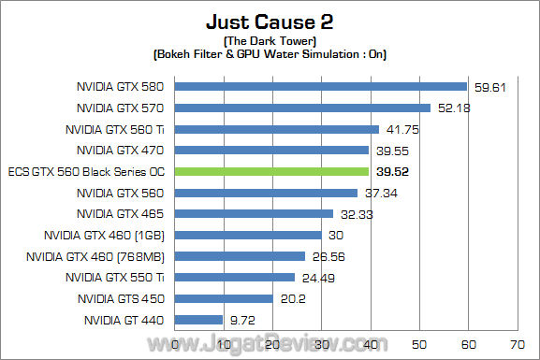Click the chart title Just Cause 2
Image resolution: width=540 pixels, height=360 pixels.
pyautogui.click(x=270, y=21)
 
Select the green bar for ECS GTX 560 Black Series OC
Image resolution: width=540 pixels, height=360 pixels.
pyautogui.click(x=272, y=172)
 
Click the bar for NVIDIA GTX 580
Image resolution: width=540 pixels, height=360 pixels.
pyautogui.click(x=321, y=87)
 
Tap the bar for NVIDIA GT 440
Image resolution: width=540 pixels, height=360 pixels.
pyautogui.click(x=199, y=320)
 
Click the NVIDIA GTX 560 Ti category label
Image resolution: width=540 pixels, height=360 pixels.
pyautogui.click(x=115, y=130)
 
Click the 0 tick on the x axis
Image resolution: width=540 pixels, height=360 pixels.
pyautogui.click(x=177, y=345)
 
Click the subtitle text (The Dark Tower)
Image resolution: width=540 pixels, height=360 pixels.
pyautogui.click(x=270, y=41)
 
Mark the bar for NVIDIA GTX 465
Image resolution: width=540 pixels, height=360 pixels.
pyautogui.click(x=255, y=214)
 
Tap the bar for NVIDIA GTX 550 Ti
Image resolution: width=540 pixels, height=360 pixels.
pyautogui.click(x=236, y=278)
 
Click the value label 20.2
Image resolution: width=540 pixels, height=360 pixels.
pyautogui.click(x=293, y=299)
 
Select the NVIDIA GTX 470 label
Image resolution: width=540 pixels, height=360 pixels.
pyautogui.click(x=121, y=151)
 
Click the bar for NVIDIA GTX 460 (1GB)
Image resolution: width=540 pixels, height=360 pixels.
pyautogui.click(x=249, y=236)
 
